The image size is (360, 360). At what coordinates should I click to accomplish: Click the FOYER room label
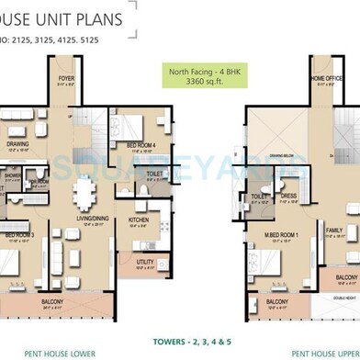tap(66, 79)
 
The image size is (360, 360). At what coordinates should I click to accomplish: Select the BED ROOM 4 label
tap(140, 145)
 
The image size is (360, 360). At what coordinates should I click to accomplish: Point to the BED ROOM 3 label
tap(20, 235)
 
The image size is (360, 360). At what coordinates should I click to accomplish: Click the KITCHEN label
tap(139, 220)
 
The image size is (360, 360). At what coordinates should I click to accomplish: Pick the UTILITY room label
tap(144, 263)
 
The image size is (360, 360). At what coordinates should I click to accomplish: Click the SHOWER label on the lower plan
tap(12, 174)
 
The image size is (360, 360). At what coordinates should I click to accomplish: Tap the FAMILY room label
tap(333, 231)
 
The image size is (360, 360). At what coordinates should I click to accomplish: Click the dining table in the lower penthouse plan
tap(85, 193)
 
